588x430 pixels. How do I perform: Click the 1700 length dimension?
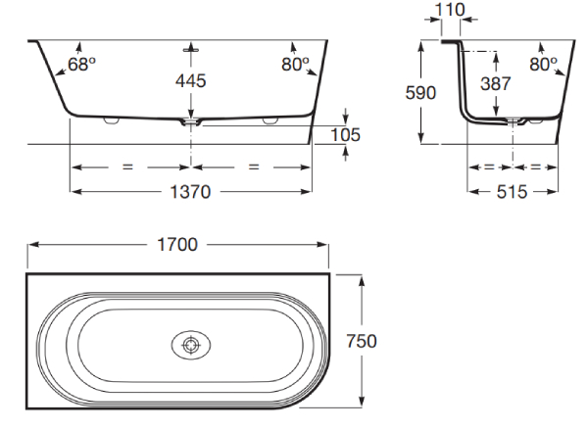tap(177, 245)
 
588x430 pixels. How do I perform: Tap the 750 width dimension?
tap(361, 341)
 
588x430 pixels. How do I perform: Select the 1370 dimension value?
tap(190, 192)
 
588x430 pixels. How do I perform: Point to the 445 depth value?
tap(191, 81)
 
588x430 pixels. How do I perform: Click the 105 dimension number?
tap(345, 135)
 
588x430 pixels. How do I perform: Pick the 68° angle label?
tap(81, 65)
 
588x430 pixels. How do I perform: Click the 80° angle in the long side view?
tap(296, 65)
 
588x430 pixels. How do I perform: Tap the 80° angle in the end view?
tap(543, 65)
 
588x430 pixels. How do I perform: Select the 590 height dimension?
tap(420, 93)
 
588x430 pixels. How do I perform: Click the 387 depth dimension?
tap(496, 83)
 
